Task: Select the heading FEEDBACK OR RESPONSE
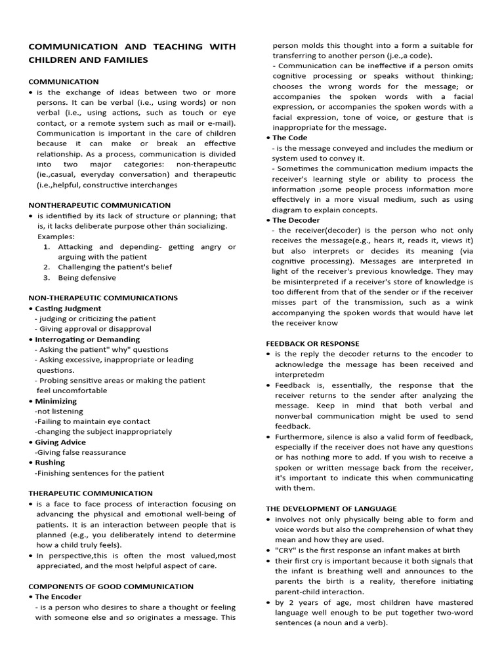coord(312,343)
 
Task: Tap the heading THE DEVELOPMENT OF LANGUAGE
coord(331,508)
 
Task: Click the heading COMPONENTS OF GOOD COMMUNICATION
coord(111,586)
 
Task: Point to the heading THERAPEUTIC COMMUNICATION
coord(91,493)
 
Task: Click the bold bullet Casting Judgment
coord(68,308)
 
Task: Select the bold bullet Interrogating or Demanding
coord(87,339)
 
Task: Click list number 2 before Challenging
coord(47,267)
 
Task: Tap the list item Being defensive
coord(87,278)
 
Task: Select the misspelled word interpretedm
coord(299,375)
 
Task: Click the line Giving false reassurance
coord(80,452)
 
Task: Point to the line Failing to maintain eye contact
coord(93,421)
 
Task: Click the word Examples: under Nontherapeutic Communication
coord(56,237)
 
